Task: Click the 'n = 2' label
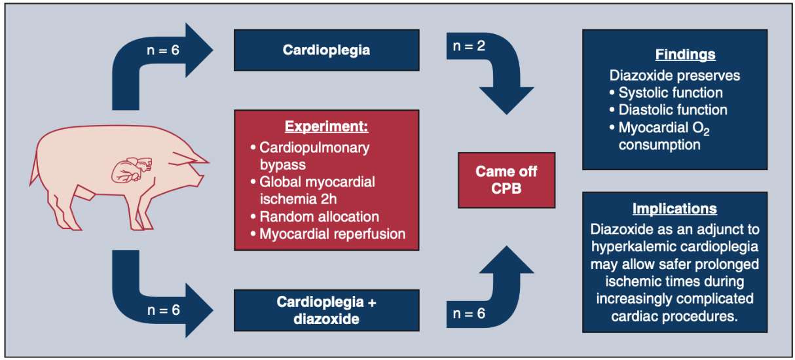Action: (470, 46)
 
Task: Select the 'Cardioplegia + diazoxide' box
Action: (326, 311)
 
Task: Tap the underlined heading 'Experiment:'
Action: (326, 126)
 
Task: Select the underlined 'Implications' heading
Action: (675, 209)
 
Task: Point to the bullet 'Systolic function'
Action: (671, 92)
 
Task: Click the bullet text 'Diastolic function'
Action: (673, 109)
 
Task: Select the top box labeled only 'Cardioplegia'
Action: (326, 50)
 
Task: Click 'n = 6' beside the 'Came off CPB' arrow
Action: (468, 313)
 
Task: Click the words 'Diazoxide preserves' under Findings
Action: (675, 75)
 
